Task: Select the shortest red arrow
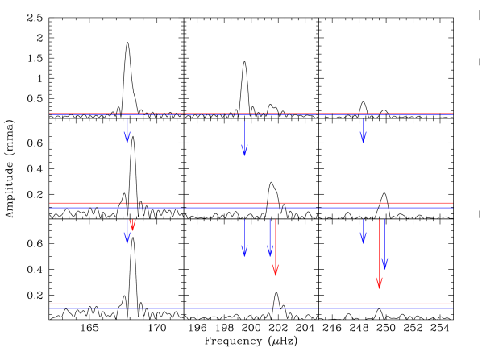click(x=132, y=224)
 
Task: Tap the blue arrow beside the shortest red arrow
click(x=127, y=230)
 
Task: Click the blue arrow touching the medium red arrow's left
click(x=269, y=238)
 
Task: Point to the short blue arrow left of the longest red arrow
click(x=363, y=230)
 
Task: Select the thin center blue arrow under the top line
click(x=244, y=137)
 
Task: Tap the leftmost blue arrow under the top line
click(x=127, y=130)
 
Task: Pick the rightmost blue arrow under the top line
click(x=363, y=130)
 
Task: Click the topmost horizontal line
click(x=251, y=114)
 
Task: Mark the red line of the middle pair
click(x=251, y=203)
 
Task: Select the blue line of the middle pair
click(x=251, y=208)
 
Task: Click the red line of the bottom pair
click(x=251, y=304)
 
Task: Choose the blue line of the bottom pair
click(x=251, y=308)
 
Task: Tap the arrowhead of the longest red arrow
click(x=379, y=283)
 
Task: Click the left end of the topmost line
click(x=51, y=114)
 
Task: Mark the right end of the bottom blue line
click(x=451, y=308)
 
